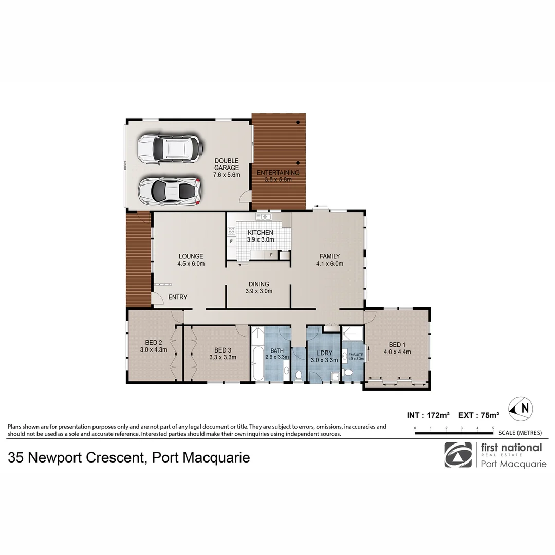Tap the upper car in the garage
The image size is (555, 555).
[169, 148]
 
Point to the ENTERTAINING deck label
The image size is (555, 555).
[278, 172]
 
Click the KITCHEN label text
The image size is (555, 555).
[261, 233]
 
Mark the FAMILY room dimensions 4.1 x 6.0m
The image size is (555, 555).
[329, 264]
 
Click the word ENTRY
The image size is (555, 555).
[178, 297]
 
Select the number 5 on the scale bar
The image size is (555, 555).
[493, 428]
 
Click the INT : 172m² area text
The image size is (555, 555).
[428, 415]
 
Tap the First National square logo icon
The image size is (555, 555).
[458, 455]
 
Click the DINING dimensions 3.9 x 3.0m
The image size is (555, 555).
[259, 291]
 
